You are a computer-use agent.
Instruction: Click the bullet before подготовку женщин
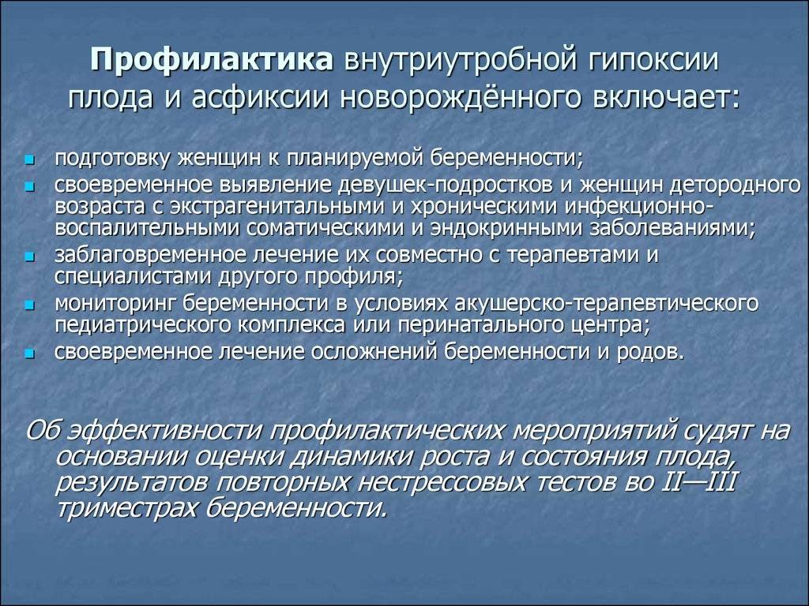pos(29,160)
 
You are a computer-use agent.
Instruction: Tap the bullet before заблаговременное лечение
pos(29,256)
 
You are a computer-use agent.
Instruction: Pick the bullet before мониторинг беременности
pos(29,305)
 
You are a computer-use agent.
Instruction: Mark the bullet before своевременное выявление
pos(29,185)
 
